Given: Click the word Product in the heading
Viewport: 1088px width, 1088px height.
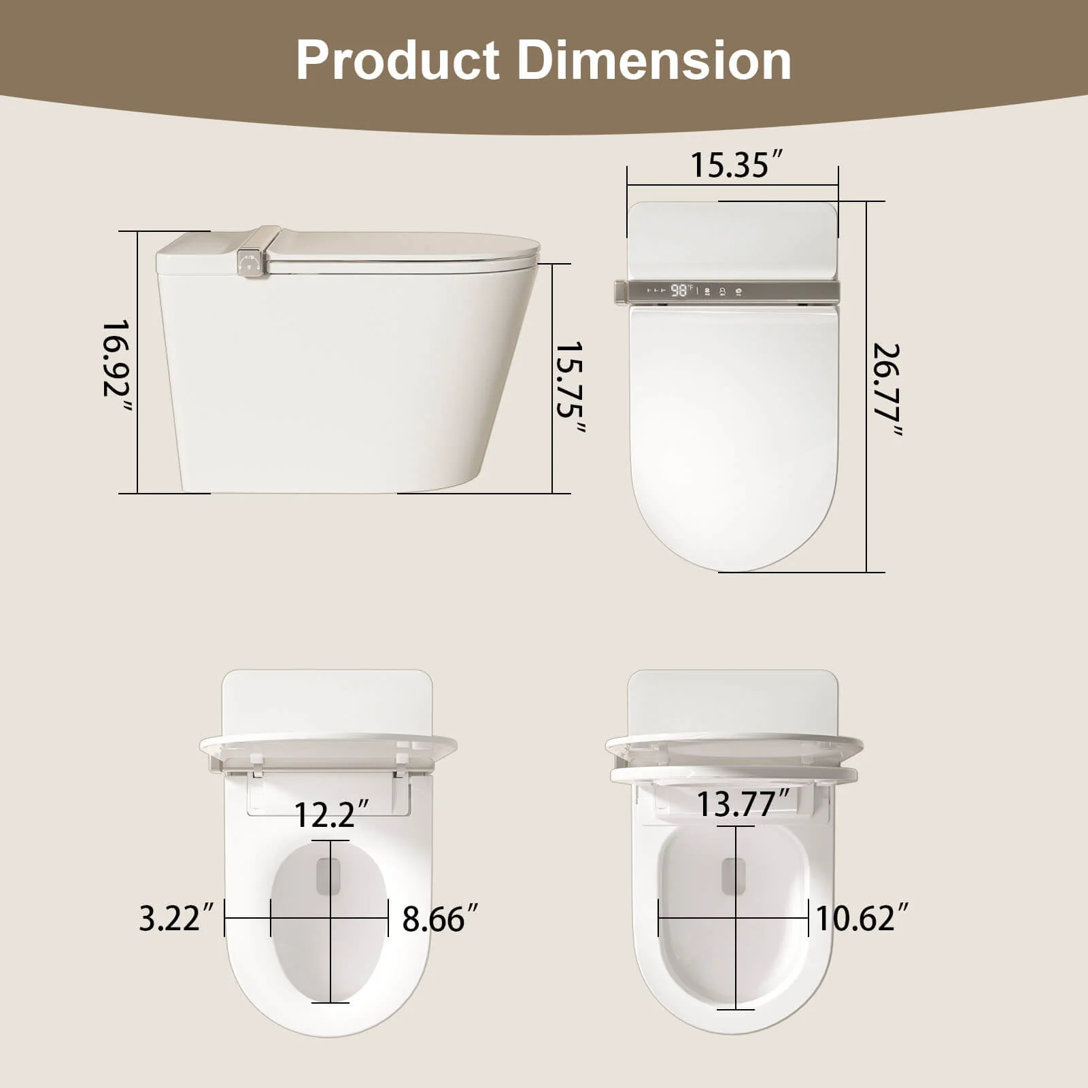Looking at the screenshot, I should click(x=398, y=61).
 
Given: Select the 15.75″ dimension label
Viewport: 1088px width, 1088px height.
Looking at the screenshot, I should click(x=570, y=388).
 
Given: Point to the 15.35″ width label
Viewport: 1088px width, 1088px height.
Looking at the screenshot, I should click(x=737, y=165).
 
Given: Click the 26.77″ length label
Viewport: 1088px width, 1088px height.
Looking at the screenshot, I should click(x=887, y=390).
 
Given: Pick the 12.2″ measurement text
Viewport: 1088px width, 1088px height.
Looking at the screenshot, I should click(x=333, y=814).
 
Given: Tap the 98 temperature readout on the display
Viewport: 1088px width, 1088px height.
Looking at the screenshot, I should click(x=679, y=291).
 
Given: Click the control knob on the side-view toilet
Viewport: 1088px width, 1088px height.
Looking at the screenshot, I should click(x=250, y=263).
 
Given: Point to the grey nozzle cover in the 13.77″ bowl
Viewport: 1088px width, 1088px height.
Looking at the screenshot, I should click(x=733, y=876).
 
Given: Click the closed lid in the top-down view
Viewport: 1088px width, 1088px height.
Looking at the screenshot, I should click(x=733, y=428).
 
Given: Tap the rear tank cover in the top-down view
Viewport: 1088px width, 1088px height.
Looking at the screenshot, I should click(x=733, y=238).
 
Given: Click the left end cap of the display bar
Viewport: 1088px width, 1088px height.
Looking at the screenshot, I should click(x=620, y=291).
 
